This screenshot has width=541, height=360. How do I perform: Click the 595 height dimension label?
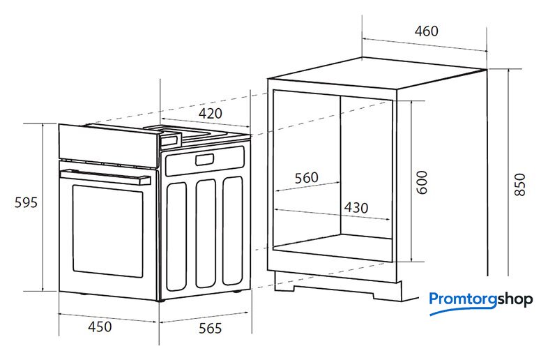[x=26, y=202]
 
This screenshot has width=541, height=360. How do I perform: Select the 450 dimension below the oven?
[x=100, y=327]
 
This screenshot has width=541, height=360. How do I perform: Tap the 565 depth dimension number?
[x=210, y=328]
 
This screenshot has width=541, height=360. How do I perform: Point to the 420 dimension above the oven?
[x=210, y=113]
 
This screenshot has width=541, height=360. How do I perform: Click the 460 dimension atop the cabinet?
[x=427, y=31]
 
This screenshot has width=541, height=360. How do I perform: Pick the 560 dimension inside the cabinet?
[x=306, y=178]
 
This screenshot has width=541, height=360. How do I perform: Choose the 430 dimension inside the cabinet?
[x=356, y=208]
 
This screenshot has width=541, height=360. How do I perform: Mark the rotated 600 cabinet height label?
[x=422, y=182]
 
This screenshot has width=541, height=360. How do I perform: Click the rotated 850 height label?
[x=519, y=185]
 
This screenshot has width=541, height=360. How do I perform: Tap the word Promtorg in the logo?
[x=463, y=299]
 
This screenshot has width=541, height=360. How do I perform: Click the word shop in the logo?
[x=515, y=299]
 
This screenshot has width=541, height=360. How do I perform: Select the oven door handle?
[x=105, y=177]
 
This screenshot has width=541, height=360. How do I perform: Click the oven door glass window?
[x=107, y=231]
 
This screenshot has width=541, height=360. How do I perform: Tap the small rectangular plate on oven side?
[x=204, y=160]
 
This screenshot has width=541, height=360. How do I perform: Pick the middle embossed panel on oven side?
[x=206, y=233]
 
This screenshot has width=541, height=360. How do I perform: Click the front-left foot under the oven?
[x=83, y=294]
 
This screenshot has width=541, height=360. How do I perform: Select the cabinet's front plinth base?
[x=338, y=287]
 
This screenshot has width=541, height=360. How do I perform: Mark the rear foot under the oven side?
[x=237, y=292]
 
